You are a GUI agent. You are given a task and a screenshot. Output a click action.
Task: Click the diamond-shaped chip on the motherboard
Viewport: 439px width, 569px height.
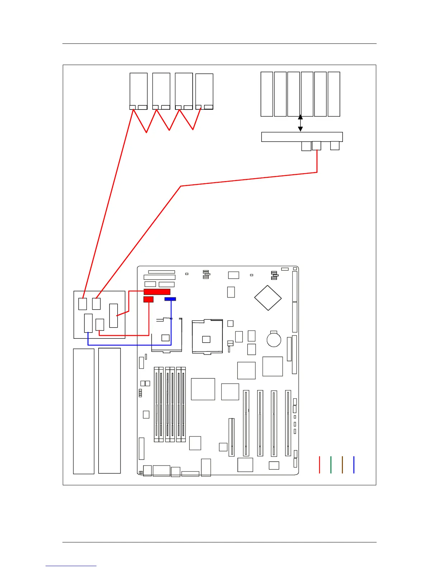(x=268, y=298)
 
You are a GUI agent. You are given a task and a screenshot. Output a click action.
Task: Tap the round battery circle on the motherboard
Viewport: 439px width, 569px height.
(x=274, y=339)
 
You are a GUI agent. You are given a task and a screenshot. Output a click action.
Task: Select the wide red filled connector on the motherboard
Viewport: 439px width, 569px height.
(x=157, y=292)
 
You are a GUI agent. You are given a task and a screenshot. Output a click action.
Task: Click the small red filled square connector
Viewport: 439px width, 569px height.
(x=148, y=299)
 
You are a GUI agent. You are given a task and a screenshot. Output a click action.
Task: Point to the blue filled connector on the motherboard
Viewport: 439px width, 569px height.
(x=170, y=299)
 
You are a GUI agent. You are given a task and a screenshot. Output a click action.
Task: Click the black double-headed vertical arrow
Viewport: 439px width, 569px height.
(x=301, y=123)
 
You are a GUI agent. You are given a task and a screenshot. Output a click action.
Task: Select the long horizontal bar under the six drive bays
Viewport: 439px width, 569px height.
(x=302, y=137)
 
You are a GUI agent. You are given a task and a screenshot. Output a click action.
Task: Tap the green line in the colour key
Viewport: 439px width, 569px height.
(x=331, y=464)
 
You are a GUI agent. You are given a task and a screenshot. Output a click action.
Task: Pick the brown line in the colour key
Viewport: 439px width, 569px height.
(x=342, y=464)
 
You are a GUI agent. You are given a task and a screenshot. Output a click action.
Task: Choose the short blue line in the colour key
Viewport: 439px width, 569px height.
(x=354, y=464)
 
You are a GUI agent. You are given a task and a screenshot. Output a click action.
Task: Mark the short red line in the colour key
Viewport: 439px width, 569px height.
(x=319, y=464)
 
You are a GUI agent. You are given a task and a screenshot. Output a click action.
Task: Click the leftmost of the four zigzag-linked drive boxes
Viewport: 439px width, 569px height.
(x=138, y=91)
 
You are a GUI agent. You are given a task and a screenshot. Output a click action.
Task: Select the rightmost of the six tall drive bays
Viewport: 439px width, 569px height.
(x=334, y=94)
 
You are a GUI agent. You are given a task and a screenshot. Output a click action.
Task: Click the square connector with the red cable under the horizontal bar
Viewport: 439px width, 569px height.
(x=316, y=145)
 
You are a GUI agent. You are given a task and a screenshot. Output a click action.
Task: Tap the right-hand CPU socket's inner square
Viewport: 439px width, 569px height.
(x=206, y=339)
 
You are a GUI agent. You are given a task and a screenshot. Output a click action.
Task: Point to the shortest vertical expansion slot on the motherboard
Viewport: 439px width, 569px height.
(x=232, y=437)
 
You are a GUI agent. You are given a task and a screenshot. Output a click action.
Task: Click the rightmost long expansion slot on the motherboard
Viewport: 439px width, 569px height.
(x=288, y=423)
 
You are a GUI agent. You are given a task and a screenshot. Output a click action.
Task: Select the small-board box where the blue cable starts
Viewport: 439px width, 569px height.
(x=88, y=323)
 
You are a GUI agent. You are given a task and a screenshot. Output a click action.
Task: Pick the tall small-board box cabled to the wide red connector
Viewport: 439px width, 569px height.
(x=113, y=316)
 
